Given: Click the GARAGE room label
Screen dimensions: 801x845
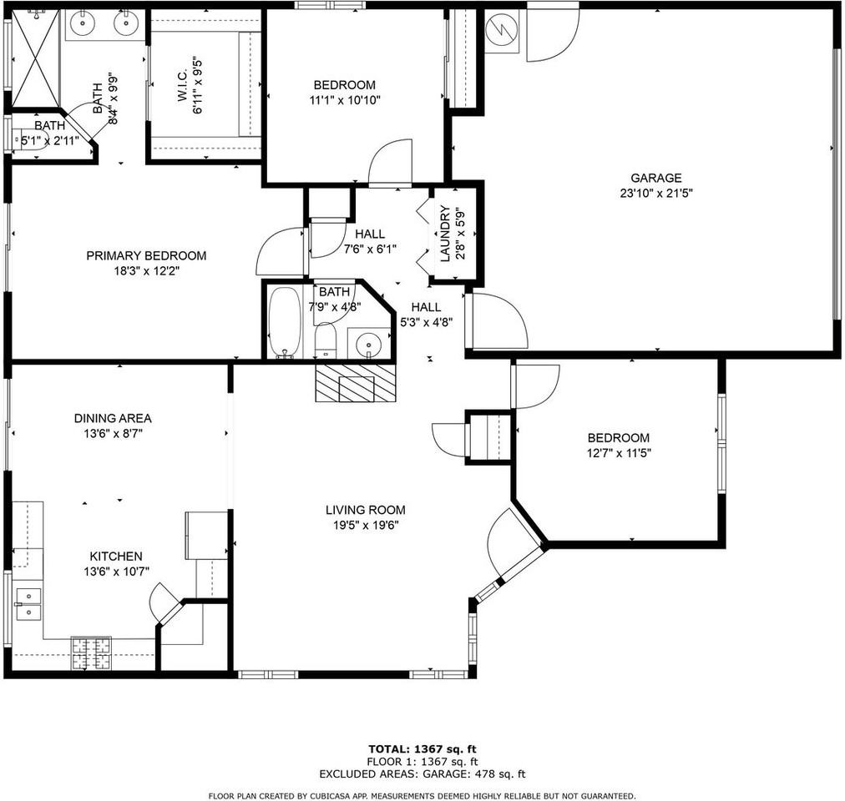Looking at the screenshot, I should click(655, 178).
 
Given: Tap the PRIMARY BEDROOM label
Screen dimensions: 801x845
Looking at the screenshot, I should click(146, 255).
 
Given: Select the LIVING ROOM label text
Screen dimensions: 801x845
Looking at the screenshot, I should click(365, 510).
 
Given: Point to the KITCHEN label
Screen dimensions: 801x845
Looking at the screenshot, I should click(116, 556).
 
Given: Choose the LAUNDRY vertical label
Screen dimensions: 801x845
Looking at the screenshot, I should click(445, 234).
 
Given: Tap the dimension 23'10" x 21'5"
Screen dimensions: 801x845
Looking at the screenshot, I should click(655, 192).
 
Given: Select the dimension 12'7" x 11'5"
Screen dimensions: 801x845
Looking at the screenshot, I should click(618, 453).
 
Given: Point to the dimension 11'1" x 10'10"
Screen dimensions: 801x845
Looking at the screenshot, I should click(345, 99).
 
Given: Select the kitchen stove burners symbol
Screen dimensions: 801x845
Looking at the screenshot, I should click(90, 652).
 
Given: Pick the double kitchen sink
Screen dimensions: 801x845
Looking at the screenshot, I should click(28, 604).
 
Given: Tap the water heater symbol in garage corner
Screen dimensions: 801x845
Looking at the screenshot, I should click(503, 32).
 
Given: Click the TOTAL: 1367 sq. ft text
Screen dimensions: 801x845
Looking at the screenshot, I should click(422, 748).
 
